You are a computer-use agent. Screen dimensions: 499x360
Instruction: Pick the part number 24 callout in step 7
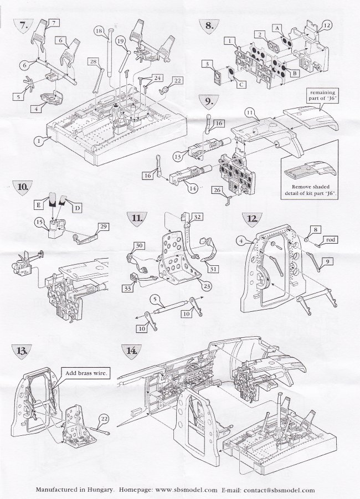[143, 78]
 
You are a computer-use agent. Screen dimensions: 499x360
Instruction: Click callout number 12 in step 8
[326, 25]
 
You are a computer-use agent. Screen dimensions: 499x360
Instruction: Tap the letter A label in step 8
[275, 27]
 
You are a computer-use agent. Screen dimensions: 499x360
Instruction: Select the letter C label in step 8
[242, 85]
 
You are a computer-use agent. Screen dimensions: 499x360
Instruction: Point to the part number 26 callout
[218, 191]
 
